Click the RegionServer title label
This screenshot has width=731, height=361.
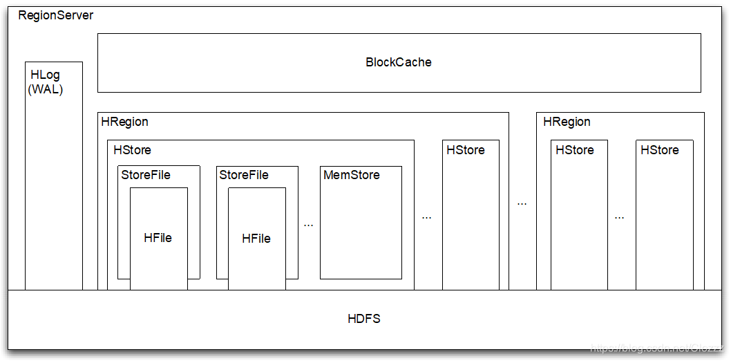[x=55, y=15]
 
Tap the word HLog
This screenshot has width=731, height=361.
[x=45, y=75]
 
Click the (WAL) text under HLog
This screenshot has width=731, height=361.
[x=46, y=89]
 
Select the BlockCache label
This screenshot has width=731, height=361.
[x=399, y=62]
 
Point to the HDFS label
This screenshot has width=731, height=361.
[x=364, y=319]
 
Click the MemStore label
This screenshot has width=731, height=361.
[x=352, y=175]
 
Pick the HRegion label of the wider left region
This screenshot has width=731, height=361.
[x=125, y=122]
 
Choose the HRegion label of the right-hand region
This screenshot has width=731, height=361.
[x=567, y=122]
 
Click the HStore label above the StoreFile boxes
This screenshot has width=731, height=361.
[x=132, y=150]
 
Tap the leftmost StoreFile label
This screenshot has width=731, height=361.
[x=146, y=175]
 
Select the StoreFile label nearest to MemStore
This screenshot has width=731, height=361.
[x=244, y=175]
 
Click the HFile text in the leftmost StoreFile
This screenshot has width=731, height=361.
[x=158, y=238]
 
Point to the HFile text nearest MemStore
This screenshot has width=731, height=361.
[x=256, y=239]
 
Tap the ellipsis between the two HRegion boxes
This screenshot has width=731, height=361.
[x=522, y=204]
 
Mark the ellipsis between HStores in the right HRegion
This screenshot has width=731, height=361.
[x=619, y=217]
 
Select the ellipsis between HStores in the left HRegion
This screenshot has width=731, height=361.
[x=426, y=217]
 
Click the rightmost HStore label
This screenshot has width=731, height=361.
[x=660, y=150]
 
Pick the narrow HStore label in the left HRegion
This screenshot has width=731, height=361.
[x=466, y=150]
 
